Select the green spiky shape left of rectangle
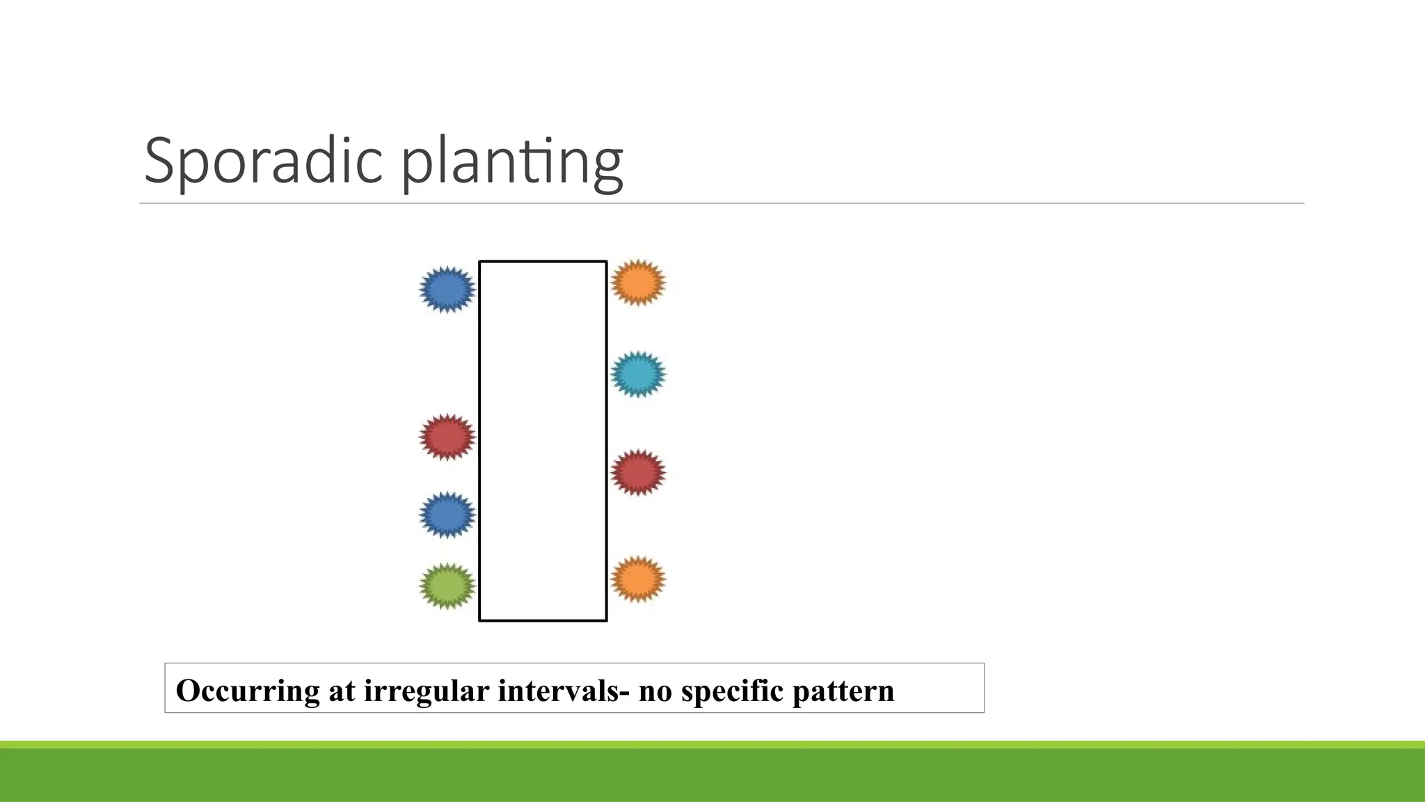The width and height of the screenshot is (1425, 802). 447,586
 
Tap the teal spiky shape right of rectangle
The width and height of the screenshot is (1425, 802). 638,375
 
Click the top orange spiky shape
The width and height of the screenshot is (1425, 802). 638,283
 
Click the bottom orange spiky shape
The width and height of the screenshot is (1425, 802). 638,579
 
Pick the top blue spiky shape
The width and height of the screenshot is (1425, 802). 447,289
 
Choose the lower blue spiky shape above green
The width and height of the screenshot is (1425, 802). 447,514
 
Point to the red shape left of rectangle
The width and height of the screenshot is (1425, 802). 447,437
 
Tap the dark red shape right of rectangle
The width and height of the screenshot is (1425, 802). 638,473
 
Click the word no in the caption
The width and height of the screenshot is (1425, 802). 655,691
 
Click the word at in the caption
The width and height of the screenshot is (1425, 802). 342,691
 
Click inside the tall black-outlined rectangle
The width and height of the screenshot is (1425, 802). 543,441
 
